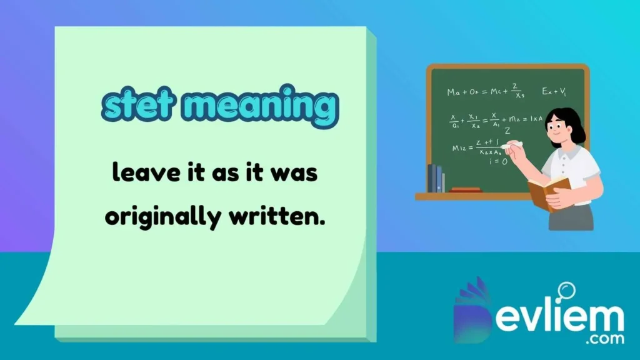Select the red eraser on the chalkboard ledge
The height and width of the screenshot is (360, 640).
point(466,189)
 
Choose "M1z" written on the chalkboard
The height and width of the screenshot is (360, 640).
point(459,148)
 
